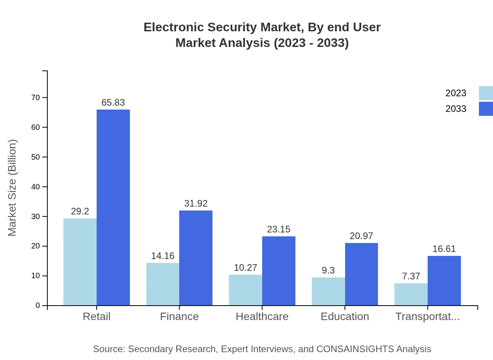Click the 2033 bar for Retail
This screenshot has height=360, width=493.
(x=113, y=207)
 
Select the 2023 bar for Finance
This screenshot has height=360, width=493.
(x=163, y=284)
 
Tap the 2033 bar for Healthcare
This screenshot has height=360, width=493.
(x=279, y=271)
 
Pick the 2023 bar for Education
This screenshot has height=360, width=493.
(x=328, y=292)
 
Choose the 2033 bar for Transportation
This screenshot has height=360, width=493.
(x=444, y=281)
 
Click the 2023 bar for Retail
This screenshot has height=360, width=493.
(x=80, y=262)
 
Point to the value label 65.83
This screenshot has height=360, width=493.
(x=113, y=103)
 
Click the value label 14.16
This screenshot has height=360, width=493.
(x=163, y=256)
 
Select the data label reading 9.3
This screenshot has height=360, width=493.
(x=328, y=270)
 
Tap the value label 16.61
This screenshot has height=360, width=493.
(x=444, y=249)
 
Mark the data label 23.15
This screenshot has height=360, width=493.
(x=279, y=229)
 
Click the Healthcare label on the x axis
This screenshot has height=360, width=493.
(x=262, y=317)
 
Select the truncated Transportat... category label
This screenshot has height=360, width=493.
(x=427, y=317)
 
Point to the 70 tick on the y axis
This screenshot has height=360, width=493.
(x=36, y=97)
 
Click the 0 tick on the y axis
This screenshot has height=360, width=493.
(x=38, y=306)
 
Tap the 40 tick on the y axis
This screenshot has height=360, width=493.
(x=36, y=187)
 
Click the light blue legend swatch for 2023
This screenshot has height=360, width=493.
(x=486, y=93)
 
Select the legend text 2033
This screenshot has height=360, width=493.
(x=456, y=109)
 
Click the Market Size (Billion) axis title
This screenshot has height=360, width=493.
(x=13, y=188)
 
